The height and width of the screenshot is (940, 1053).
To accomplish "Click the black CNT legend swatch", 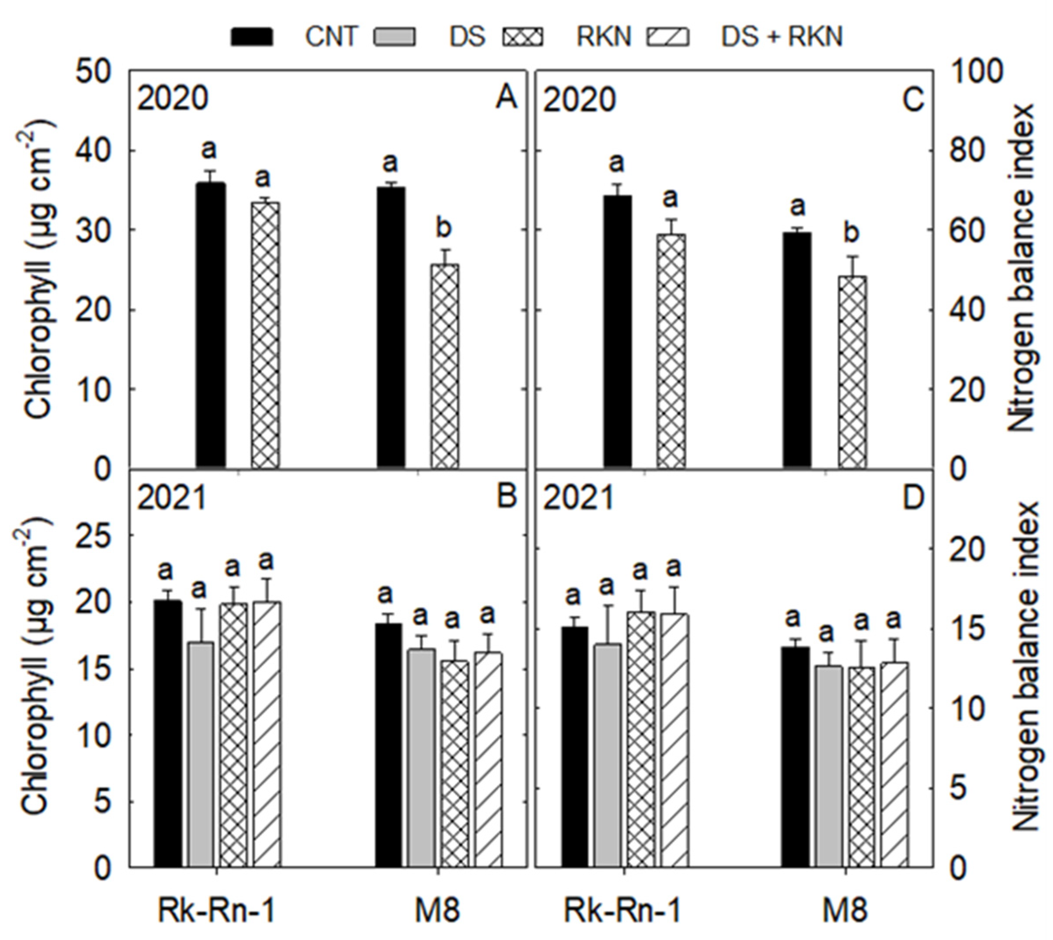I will point(252,37).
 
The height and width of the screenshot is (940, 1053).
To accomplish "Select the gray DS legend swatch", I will point(393,37).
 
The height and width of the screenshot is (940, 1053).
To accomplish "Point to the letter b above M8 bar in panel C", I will point(851,233).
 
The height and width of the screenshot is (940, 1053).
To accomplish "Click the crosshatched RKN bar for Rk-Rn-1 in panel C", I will point(671,351).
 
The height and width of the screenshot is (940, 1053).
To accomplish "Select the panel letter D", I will point(912,498).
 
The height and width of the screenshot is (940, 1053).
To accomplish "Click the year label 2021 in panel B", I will point(172,498).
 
